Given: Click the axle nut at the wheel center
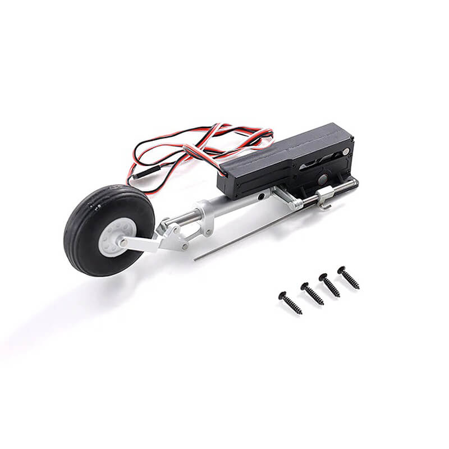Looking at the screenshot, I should pos(122,242).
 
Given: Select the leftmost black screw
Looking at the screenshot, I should pos(290,303).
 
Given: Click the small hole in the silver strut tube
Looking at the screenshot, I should pos(261,197).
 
